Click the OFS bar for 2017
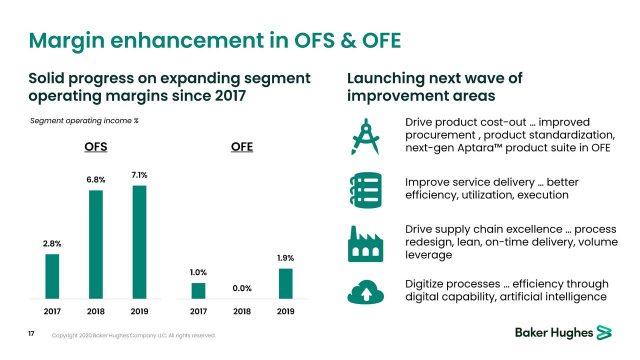click(x=52, y=276)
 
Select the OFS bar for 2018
click(x=95, y=244)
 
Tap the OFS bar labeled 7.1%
click(x=139, y=241)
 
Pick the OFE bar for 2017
click(x=198, y=290)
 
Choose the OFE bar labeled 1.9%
click(x=285, y=283)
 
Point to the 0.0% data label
click(x=242, y=288)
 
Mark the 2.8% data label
click(x=52, y=244)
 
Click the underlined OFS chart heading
click(x=95, y=147)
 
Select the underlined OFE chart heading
click(x=242, y=147)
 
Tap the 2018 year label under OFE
click(x=242, y=311)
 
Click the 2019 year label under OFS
click(x=139, y=311)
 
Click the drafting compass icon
click(x=365, y=136)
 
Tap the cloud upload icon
click(x=365, y=290)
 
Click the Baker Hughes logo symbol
click(x=604, y=332)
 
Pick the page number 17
click(x=31, y=334)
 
